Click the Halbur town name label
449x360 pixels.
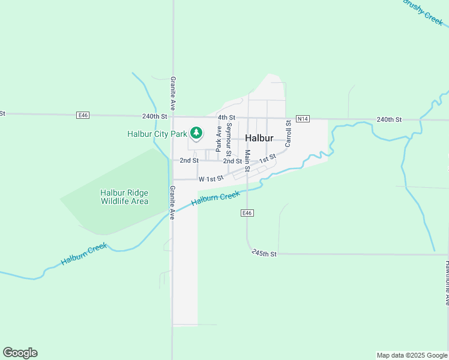(259, 138)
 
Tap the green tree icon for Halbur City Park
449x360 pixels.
(196, 133)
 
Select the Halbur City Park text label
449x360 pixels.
(157, 134)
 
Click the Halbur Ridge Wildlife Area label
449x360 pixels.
(124, 197)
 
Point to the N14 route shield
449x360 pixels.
(303, 119)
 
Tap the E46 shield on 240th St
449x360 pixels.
(83, 115)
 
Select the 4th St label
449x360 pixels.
(227, 118)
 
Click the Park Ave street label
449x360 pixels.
(219, 138)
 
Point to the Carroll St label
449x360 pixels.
(288, 133)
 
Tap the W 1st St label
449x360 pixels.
(211, 179)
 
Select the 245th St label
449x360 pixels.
(264, 253)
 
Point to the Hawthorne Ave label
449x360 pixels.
(447, 283)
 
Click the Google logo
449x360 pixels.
(20, 353)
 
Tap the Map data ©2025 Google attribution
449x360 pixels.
(412, 355)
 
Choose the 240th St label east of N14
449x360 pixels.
(389, 120)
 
